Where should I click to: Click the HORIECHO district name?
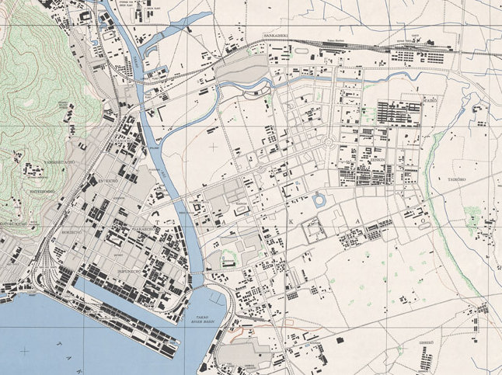tap(72, 232)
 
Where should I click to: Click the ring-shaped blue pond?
tap(319, 201)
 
